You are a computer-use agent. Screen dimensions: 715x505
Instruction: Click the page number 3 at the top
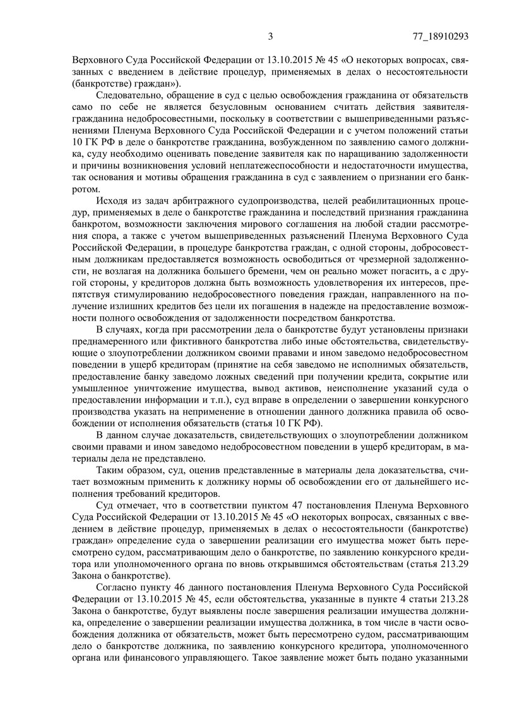pyautogui.click(x=270, y=36)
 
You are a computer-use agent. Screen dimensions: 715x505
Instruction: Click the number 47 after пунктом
pyautogui.click(x=302, y=507)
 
